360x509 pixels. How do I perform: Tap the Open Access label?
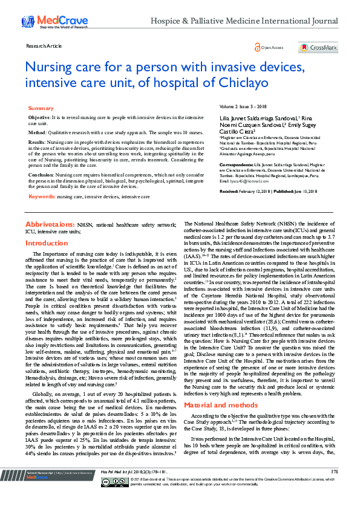click(272, 47)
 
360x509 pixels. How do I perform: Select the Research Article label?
click(44, 45)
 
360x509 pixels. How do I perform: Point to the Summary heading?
click(41, 108)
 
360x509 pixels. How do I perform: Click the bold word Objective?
click(39, 116)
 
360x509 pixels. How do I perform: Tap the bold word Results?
click(38, 142)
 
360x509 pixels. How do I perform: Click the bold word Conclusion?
click(41, 173)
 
